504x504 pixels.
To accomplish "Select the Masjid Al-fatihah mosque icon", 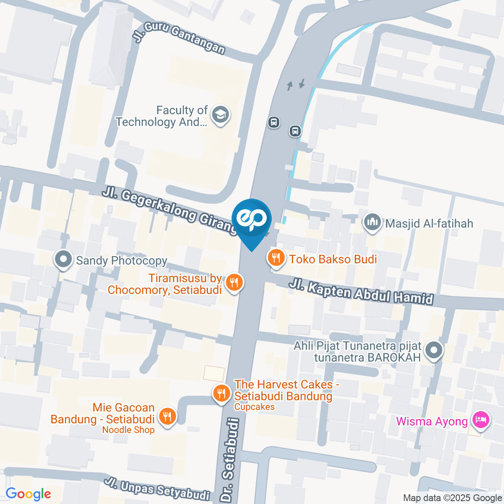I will pos(372,223).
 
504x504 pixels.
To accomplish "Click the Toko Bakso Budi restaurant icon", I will pos(276,258).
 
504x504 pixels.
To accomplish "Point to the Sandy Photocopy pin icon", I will pos(64,260).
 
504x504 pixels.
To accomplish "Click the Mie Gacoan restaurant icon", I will pos(168,416).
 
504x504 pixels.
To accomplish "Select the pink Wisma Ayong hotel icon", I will pos(480,419).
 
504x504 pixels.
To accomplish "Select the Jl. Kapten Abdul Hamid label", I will pos(361,292).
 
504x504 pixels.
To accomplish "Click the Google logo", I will pos(28,493).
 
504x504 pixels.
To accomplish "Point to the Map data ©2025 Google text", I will pos(453,498).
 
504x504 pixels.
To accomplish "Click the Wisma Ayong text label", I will pos(432,421).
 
